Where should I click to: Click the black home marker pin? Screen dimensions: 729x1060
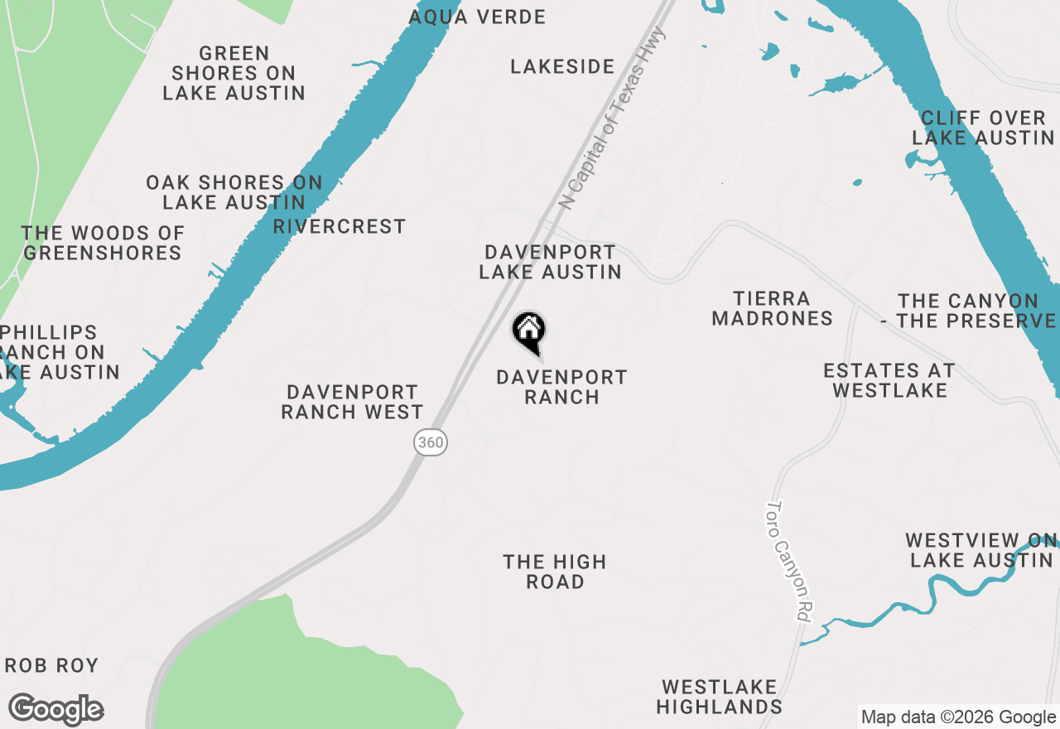[528, 332]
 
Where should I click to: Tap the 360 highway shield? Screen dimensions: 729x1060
[431, 442]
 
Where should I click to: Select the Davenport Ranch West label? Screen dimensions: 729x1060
[352, 402]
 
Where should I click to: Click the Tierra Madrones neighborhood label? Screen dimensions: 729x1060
[772, 308]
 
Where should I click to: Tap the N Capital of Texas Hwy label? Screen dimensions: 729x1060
[613, 118]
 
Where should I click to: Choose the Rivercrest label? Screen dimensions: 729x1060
[340, 226]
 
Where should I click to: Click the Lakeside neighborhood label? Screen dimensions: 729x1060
[562, 66]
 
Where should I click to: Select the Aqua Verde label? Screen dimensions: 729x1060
[477, 17]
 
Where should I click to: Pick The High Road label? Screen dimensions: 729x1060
[555, 572]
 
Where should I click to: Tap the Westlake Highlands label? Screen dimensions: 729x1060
[719, 697]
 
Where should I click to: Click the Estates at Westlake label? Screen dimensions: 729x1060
[889, 380]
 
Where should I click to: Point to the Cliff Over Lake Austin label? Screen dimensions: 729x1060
[983, 128]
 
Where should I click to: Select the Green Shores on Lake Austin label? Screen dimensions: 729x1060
[234, 73]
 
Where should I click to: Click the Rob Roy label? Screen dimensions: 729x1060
[52, 665]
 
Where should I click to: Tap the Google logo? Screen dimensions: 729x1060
[55, 710]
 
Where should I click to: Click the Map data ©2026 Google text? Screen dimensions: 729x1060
[958, 717]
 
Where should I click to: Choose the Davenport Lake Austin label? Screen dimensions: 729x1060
[550, 262]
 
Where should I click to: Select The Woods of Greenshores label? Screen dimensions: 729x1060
[103, 243]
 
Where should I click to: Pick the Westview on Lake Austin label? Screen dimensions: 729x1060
[981, 550]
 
